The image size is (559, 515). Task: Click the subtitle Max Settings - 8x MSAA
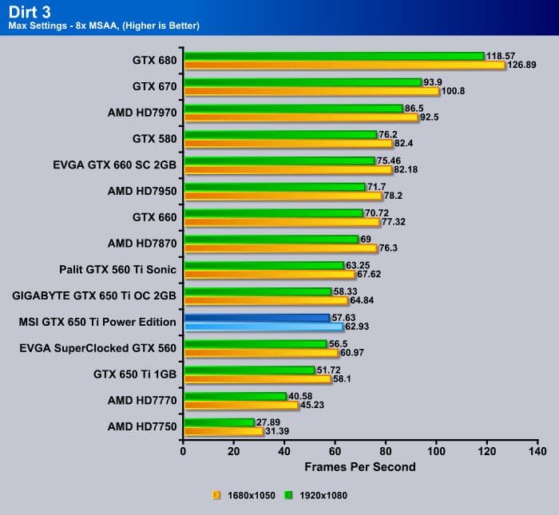(104, 26)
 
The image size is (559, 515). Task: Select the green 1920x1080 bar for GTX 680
(334, 56)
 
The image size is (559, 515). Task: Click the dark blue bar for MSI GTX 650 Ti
(256, 318)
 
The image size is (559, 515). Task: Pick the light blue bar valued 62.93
(263, 327)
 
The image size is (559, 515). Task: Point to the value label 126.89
(524, 65)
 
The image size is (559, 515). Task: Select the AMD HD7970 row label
(142, 113)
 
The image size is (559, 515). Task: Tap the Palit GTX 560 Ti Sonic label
(117, 269)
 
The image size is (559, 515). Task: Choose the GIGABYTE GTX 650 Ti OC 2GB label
(94, 295)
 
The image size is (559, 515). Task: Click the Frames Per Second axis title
(360, 466)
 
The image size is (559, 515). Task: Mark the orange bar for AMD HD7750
(223, 431)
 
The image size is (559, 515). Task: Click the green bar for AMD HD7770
(235, 396)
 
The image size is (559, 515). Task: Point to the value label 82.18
(407, 169)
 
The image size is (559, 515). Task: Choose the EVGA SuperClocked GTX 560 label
(97, 347)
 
